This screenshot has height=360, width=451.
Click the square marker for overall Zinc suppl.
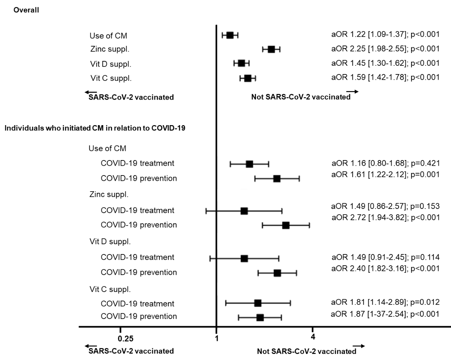pos(271,49)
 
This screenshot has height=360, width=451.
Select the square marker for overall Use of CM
pos(230,35)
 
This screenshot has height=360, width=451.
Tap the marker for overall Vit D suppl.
pos(241,63)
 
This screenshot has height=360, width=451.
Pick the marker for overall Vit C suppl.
pos(248,78)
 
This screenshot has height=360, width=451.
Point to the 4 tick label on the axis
pos(313,337)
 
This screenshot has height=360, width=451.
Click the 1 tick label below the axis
pos(216,339)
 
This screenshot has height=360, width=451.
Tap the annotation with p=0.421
pos(385,163)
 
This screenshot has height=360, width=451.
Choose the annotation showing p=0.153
pos(385,206)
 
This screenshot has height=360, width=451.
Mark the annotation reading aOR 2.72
pos(385,217)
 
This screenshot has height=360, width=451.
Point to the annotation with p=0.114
pos(385,257)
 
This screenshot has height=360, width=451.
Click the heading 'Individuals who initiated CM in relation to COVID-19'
pos(95,128)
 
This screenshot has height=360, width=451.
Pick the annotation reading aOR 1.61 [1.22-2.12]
pos(385,174)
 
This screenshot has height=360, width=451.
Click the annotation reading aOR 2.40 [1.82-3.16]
pos(385,268)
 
